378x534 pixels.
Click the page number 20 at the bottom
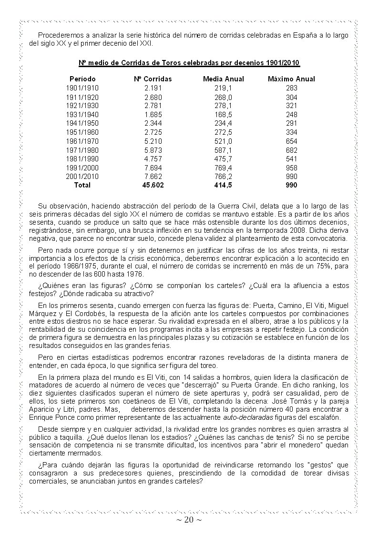click(189, 520)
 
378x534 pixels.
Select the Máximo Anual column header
click(291, 79)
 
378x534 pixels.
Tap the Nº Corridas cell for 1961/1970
click(153, 141)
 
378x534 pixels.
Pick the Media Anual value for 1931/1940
click(224, 115)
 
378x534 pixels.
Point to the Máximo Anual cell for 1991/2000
click(291, 168)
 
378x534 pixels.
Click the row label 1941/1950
click(82, 124)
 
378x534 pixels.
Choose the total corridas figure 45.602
click(153, 185)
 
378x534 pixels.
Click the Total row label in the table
click(82, 185)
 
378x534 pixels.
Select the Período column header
click(82, 79)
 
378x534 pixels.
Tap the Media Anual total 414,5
click(224, 185)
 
